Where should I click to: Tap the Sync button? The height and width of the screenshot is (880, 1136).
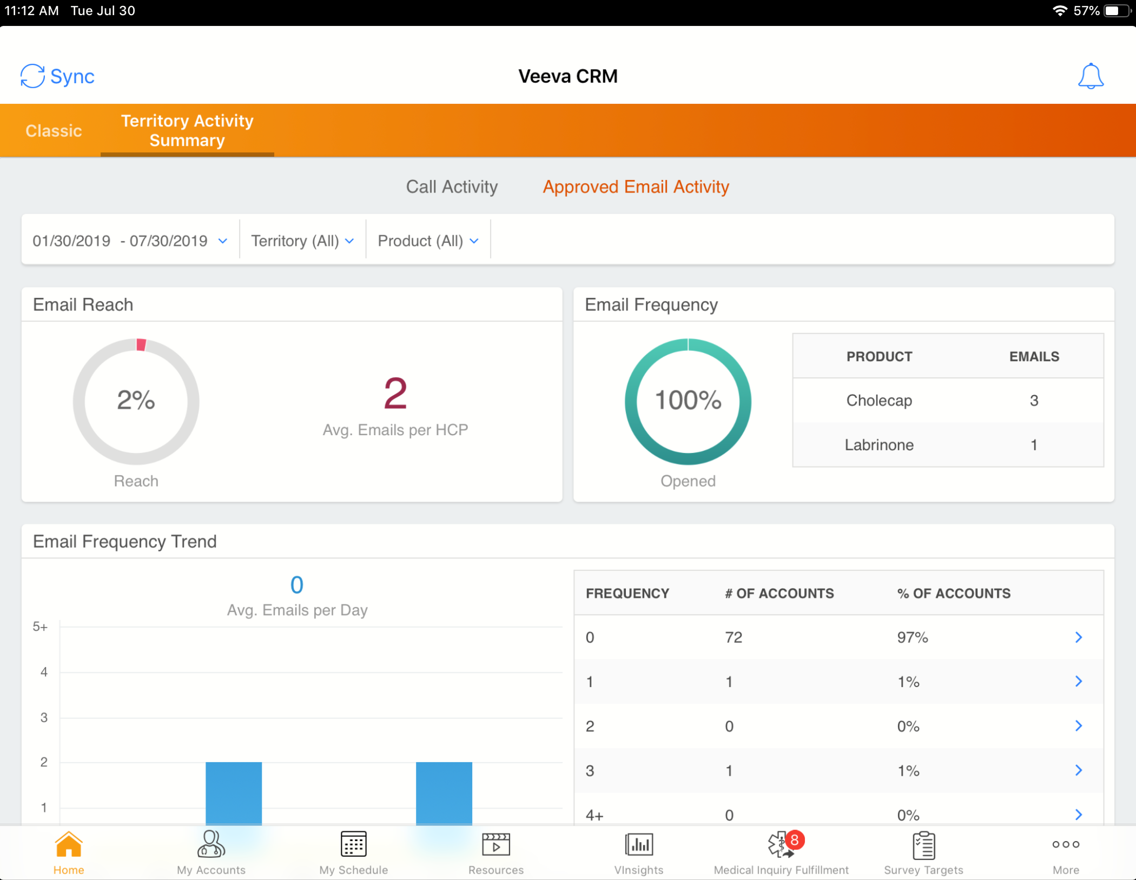(57, 76)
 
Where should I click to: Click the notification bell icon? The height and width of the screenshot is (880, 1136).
(1090, 76)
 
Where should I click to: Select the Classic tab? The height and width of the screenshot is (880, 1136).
(54, 131)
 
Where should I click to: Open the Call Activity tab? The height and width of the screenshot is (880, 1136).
(452, 186)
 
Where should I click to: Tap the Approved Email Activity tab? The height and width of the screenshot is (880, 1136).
(636, 186)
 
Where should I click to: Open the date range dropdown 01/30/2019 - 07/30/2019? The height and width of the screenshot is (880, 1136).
(130, 241)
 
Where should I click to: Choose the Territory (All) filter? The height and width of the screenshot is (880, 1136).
(302, 241)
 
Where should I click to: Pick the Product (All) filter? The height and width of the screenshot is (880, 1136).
(428, 241)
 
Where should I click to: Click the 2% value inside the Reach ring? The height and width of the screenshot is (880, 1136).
(136, 400)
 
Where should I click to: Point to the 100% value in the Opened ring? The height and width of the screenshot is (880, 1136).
(688, 400)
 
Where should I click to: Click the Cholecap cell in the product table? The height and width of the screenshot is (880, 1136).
(879, 401)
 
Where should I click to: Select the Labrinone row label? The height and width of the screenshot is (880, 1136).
(879, 445)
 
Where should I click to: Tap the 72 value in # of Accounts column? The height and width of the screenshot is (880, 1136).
(734, 637)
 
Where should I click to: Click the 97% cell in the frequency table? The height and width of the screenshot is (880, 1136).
(912, 637)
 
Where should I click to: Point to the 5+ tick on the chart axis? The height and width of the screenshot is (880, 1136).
(40, 626)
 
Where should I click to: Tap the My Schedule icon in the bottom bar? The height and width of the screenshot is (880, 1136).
(353, 845)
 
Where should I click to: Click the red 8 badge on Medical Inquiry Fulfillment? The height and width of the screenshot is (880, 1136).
(794, 840)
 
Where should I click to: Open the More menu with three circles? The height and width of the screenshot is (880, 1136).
(1065, 845)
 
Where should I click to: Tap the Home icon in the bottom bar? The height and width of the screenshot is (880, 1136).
(69, 845)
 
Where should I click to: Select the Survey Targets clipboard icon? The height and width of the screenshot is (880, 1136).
(923, 845)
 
